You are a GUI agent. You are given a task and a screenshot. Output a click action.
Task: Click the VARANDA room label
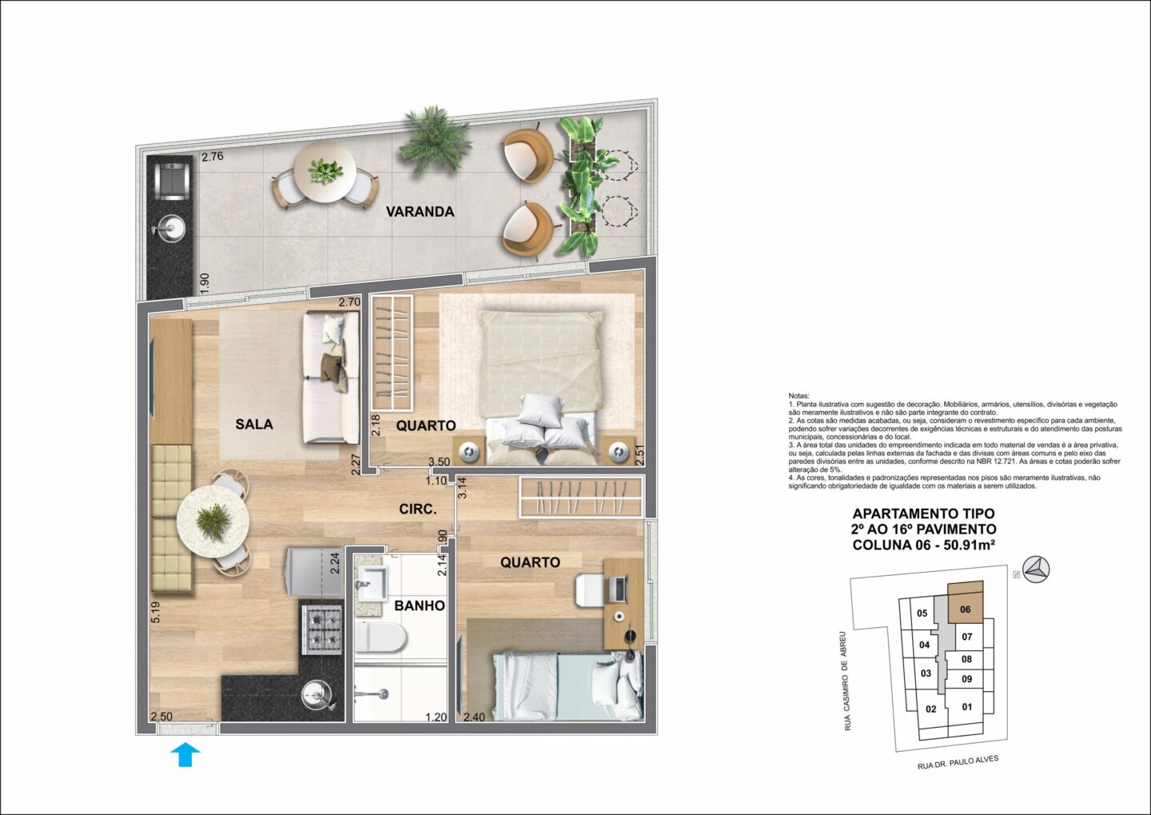pos(420,212)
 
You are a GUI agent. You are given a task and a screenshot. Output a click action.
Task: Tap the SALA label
pos(254,424)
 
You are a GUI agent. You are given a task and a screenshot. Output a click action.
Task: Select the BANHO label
pos(420,605)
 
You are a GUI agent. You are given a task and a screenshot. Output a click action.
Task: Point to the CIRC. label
pos(418,509)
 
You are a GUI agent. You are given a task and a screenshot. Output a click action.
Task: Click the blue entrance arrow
pos(185,754)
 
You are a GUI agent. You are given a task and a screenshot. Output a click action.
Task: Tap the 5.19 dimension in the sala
pos(156,613)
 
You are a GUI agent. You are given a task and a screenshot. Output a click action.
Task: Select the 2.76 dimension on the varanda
pos(213,156)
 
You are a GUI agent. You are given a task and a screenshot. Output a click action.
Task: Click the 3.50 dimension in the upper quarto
pos(439,461)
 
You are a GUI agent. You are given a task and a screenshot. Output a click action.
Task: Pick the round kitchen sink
pos(317,695)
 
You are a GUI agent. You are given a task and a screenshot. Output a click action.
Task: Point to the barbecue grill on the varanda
pos(169,182)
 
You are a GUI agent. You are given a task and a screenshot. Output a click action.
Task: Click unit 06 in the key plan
pos(965,609)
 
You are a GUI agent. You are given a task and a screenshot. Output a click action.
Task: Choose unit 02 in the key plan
pos(930,709)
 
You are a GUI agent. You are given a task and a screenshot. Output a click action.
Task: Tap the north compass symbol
pos(1037,569)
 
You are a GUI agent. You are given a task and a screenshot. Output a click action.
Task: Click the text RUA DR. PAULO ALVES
pos(958,762)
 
